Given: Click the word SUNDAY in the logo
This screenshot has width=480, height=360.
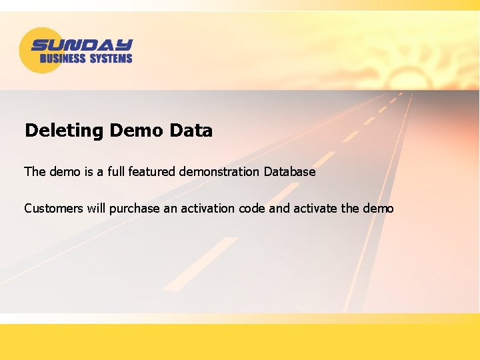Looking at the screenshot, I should tap(82, 46).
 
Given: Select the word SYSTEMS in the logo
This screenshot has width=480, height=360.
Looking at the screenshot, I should tap(111, 59).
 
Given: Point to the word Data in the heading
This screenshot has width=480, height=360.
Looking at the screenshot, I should tap(191, 131).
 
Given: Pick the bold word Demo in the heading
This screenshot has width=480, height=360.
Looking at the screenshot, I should tap(136, 131).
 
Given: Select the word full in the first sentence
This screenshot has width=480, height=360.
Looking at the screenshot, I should tap(116, 172).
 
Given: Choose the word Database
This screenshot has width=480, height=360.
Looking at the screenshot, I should tap(289, 172).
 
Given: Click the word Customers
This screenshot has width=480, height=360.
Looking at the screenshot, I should tap(53, 209).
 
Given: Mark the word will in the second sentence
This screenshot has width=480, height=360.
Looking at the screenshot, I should tap(96, 209).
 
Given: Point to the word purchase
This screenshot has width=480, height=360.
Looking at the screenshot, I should tap(135, 209).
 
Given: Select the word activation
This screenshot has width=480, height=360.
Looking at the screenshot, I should tap(206, 209).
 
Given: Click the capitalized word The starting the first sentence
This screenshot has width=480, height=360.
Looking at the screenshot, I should tap(35, 172).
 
